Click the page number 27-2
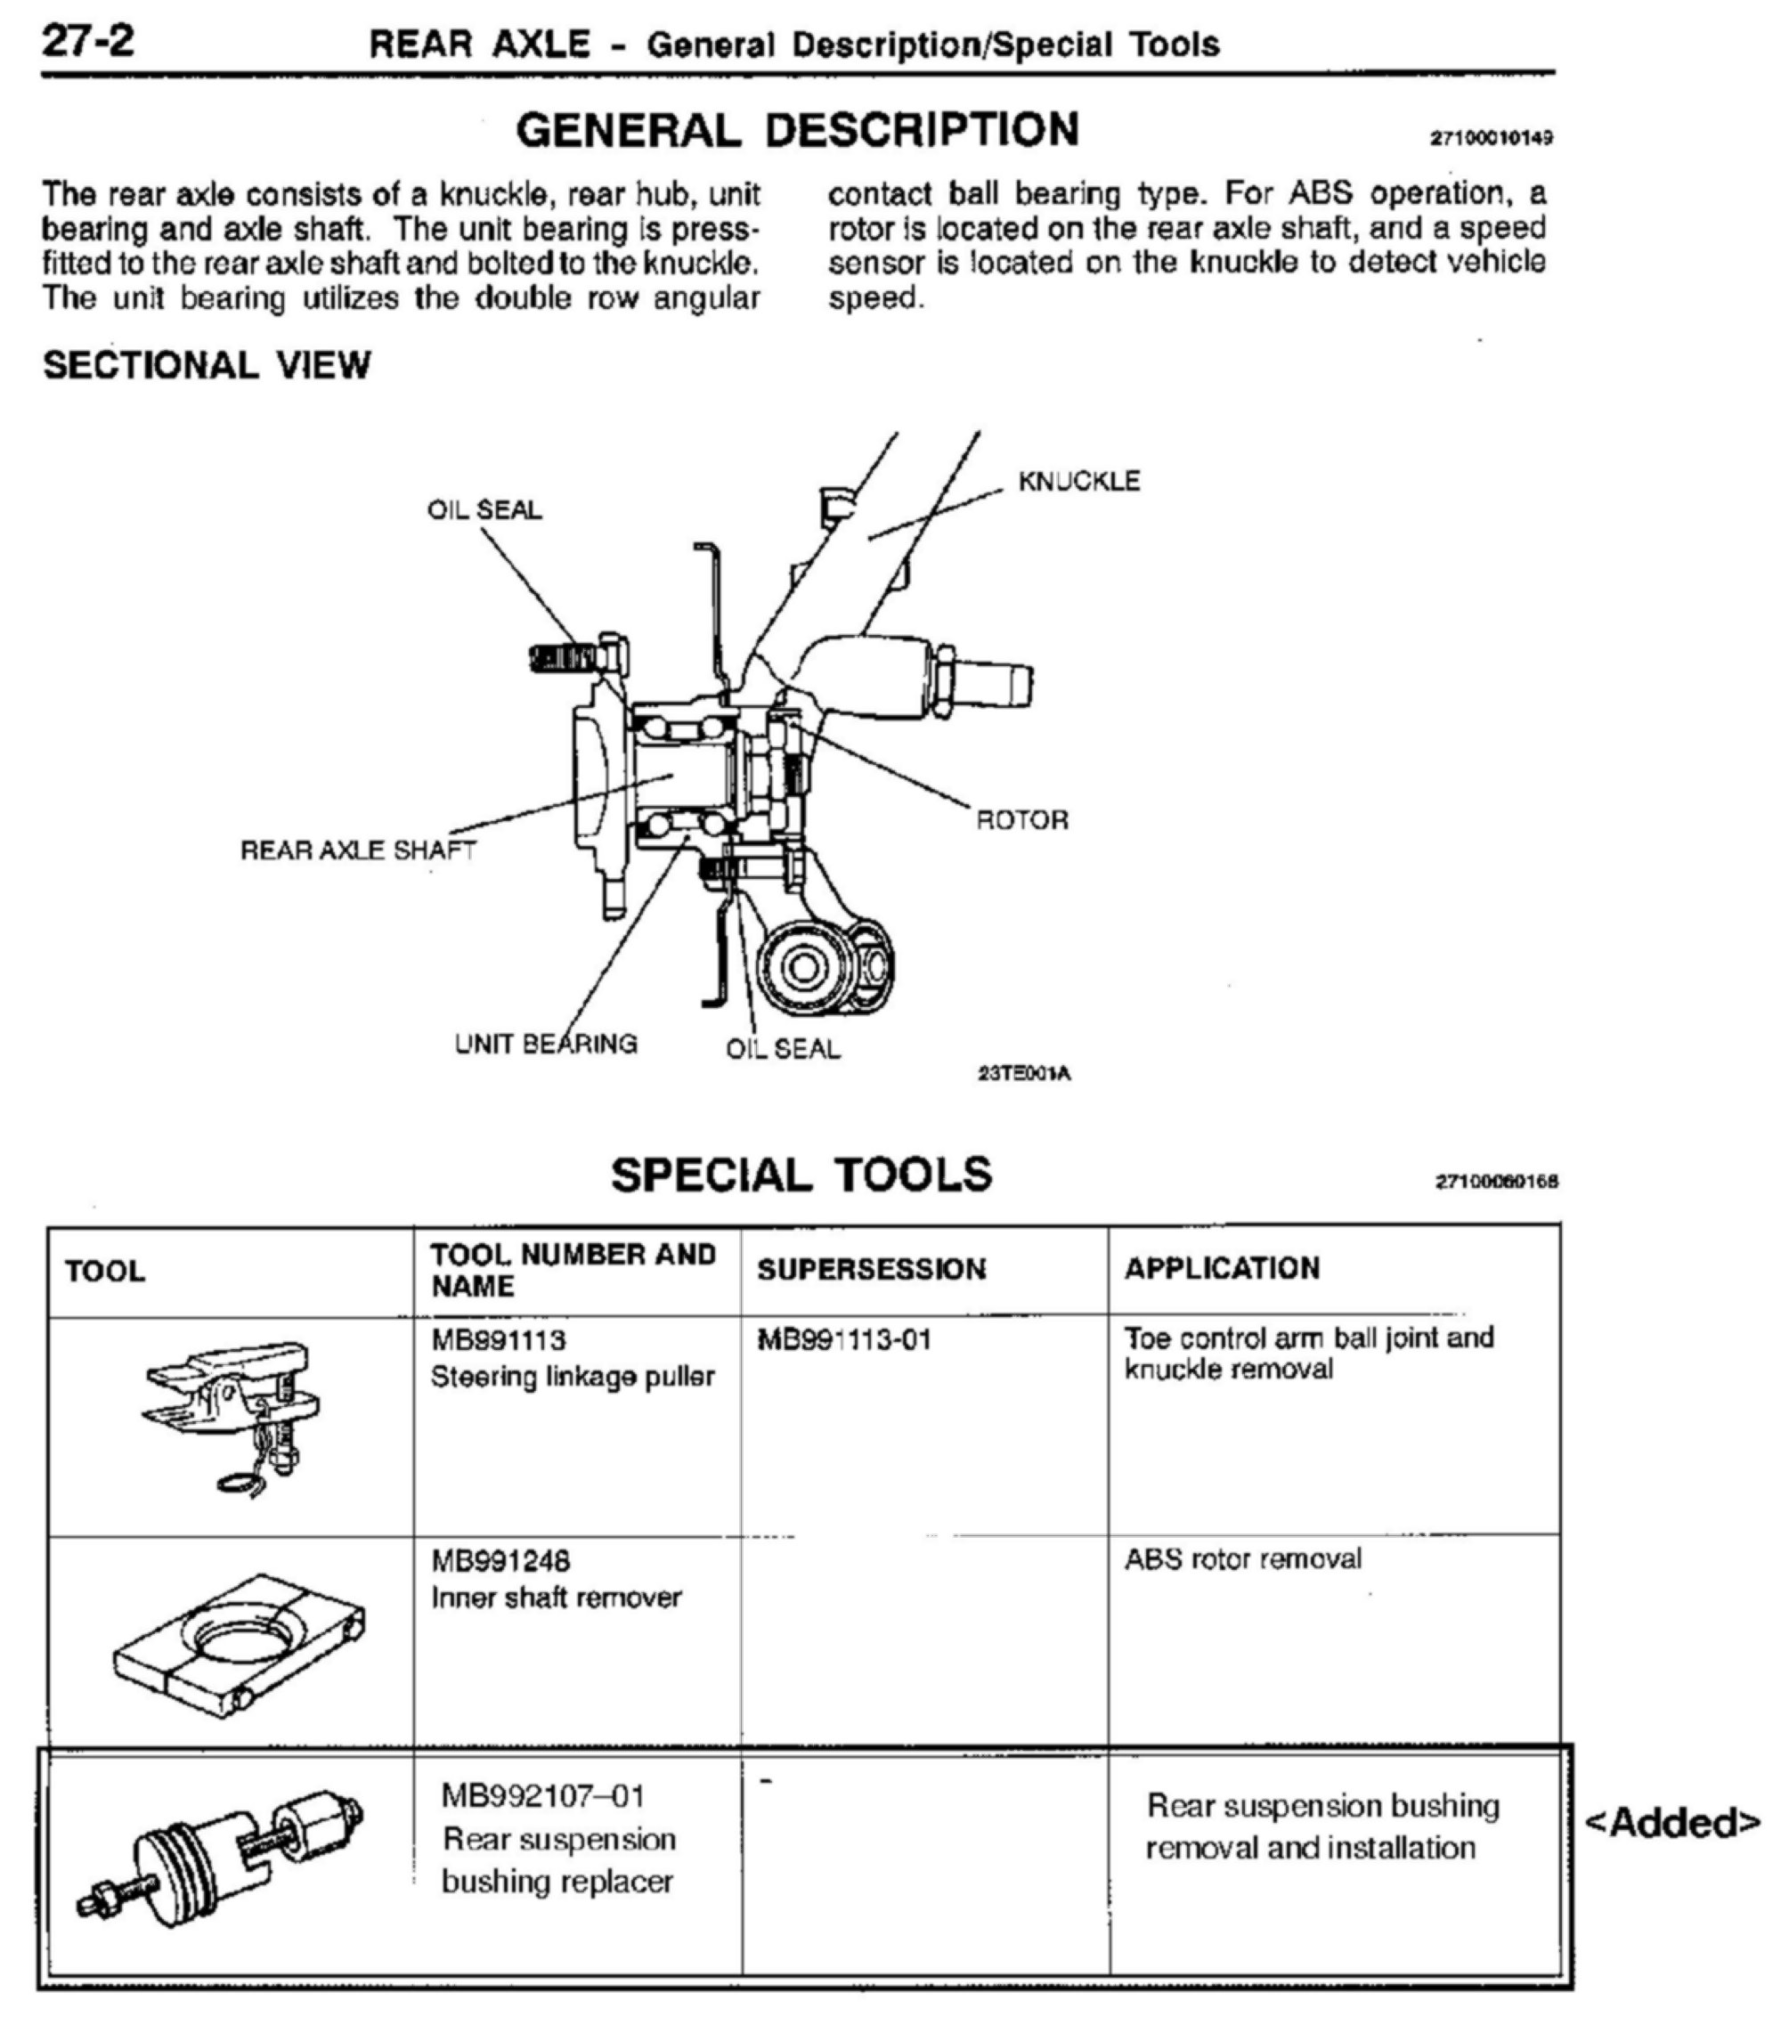click(88, 42)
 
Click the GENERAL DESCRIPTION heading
click(797, 130)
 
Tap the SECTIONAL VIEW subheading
click(207, 365)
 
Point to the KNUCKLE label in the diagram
click(1078, 482)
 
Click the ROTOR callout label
click(1021, 820)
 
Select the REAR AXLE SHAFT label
click(358, 850)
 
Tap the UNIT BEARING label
click(546, 1044)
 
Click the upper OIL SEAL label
click(484, 510)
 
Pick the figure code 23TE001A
click(1023, 1074)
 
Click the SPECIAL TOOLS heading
click(801, 1175)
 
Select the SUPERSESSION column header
click(871, 1269)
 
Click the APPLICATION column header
click(1222, 1268)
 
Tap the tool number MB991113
click(499, 1340)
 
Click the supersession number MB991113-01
click(843, 1340)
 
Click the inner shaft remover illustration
click(238, 1646)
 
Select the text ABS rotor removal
click(1242, 1559)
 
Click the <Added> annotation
click(1671, 1822)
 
